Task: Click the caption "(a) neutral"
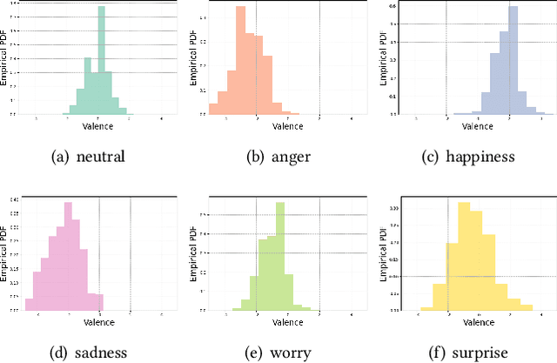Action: click(90, 157)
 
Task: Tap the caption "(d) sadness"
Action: click(90, 352)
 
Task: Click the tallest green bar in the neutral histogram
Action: click(103, 61)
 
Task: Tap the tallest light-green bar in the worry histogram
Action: click(280, 257)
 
